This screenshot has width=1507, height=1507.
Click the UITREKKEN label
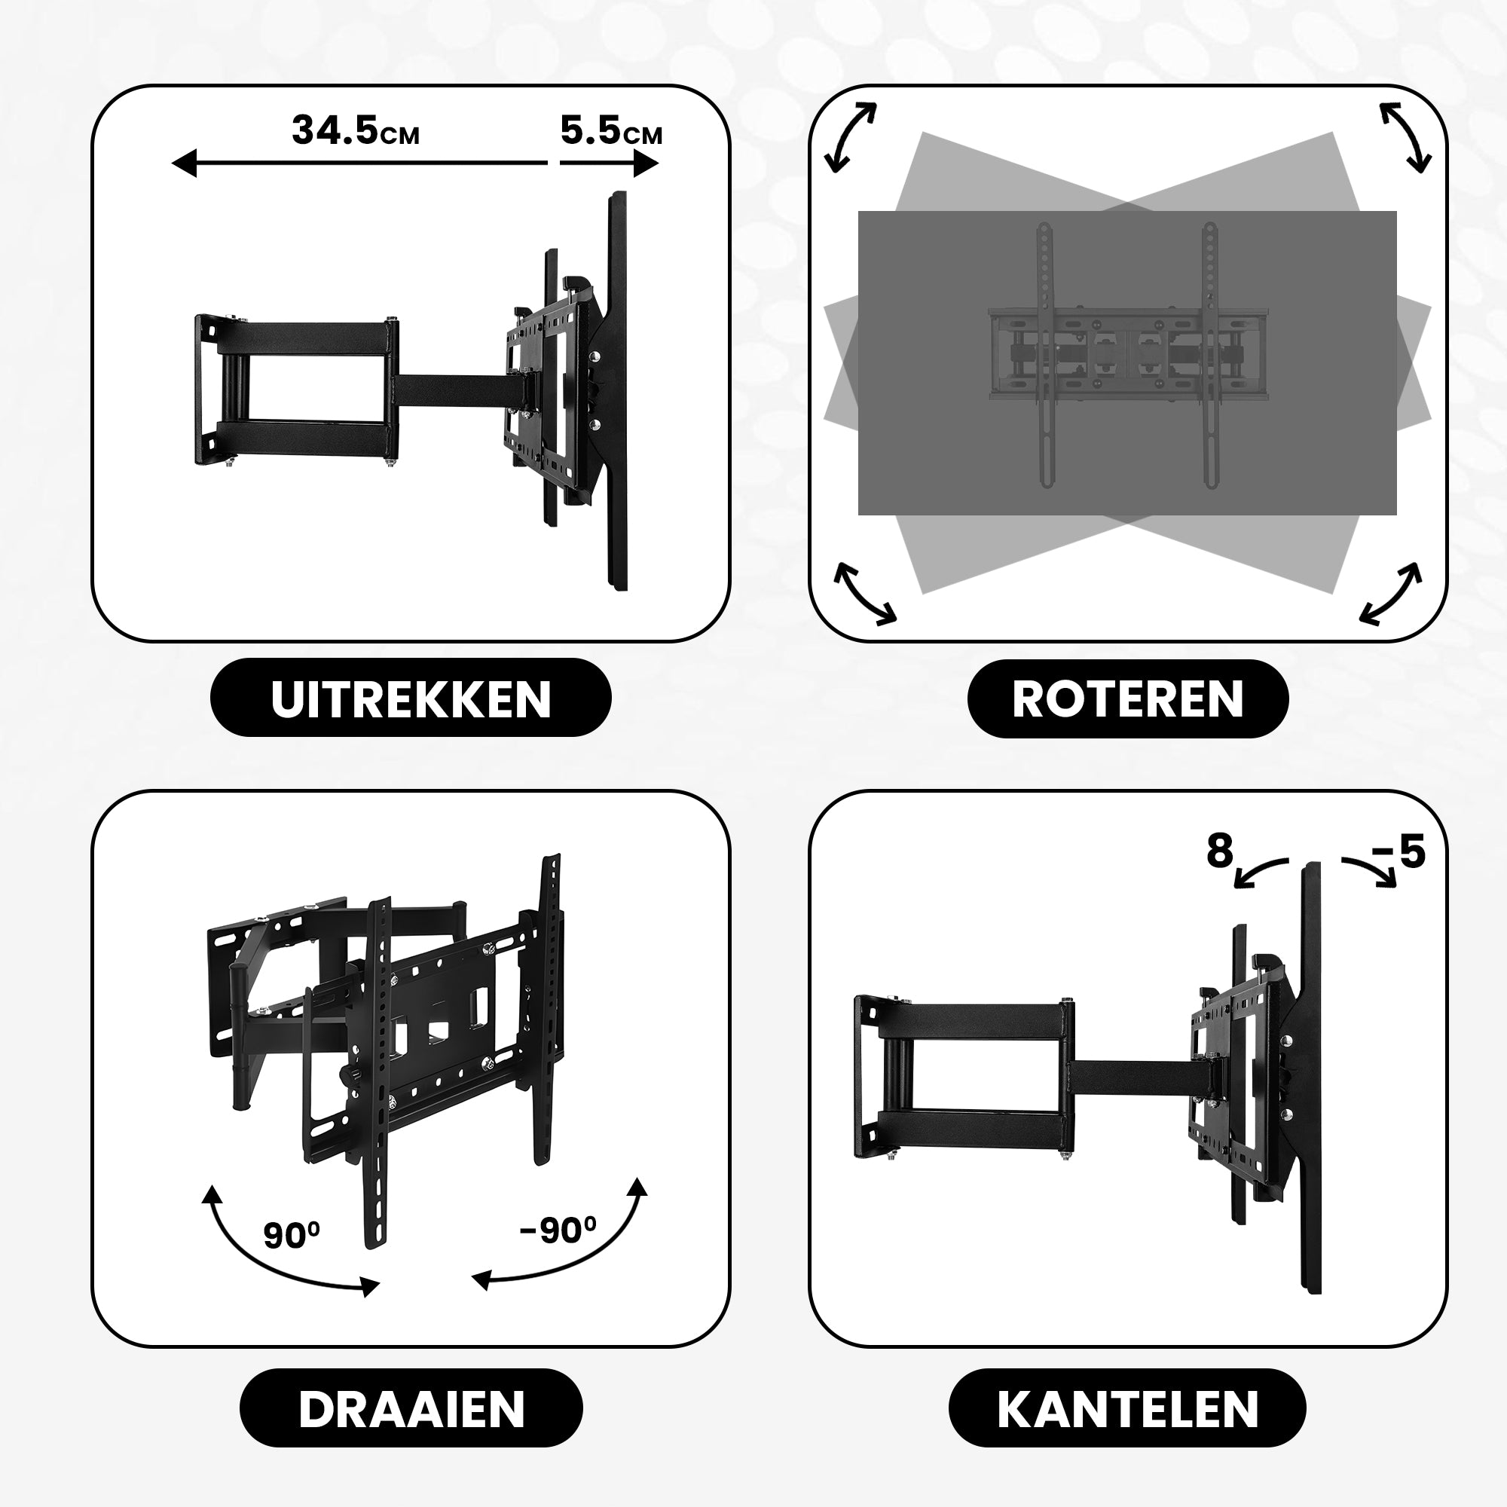[x=411, y=698]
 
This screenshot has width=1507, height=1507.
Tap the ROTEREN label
[x=1127, y=698]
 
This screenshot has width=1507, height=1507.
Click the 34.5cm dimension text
[x=355, y=131]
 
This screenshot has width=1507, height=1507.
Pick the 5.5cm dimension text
[x=611, y=131]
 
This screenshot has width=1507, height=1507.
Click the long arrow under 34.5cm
[x=359, y=164]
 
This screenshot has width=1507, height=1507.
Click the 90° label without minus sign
[x=291, y=1235]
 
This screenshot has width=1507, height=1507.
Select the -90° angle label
[x=557, y=1231]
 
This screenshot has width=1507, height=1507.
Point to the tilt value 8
[x=1219, y=851]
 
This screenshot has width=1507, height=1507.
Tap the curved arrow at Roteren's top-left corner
[x=851, y=137]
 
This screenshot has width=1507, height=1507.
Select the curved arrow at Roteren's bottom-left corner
[x=864, y=593]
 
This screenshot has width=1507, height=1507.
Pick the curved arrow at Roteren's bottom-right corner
[x=1390, y=593]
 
